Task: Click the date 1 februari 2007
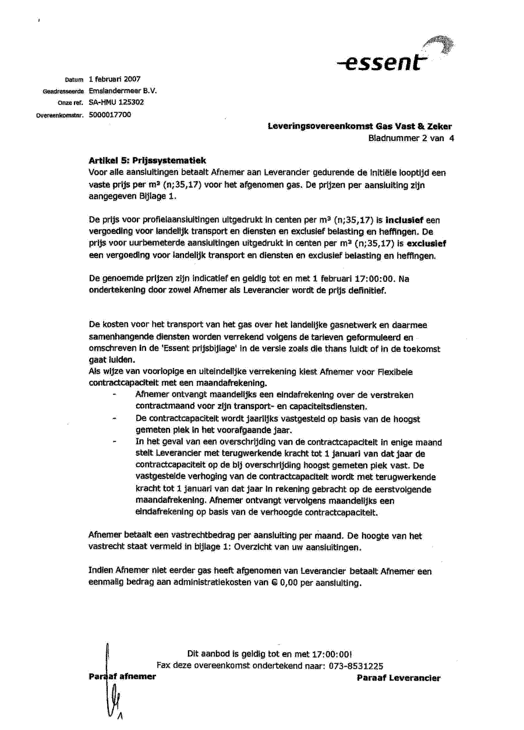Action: coord(115,79)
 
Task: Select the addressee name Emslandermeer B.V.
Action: coord(123,91)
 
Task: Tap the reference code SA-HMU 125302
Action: coord(116,102)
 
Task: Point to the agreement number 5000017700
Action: coord(110,114)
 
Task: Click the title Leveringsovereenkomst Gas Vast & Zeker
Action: coord(359,126)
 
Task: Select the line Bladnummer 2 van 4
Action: coord(410,138)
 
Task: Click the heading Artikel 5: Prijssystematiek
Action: coord(147,160)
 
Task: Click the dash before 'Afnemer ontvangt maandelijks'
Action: coord(114,395)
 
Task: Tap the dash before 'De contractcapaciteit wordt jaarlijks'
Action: coord(114,419)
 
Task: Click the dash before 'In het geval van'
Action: coord(114,442)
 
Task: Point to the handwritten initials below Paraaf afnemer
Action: coord(115,699)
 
